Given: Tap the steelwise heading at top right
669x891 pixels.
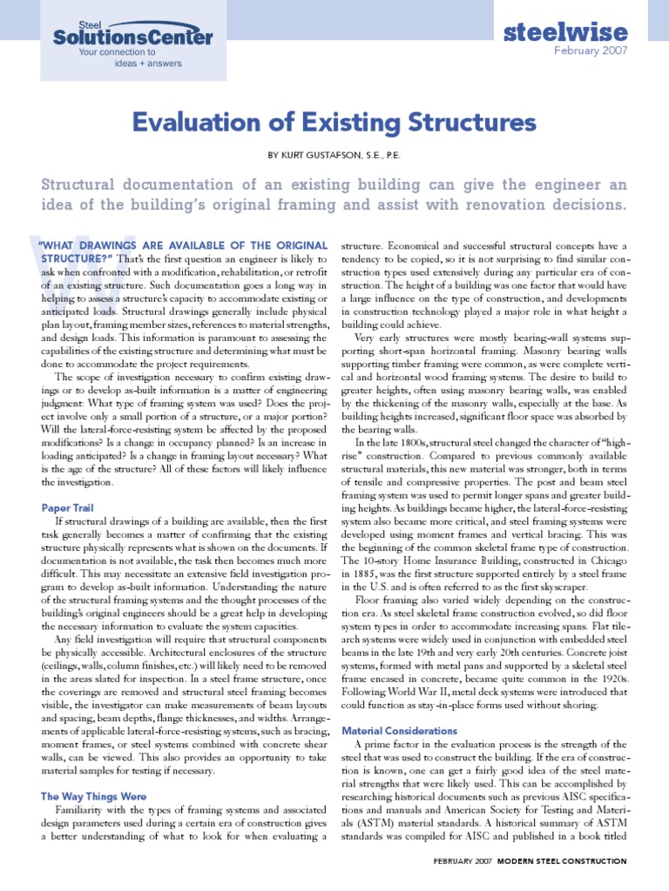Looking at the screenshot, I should (x=565, y=33).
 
